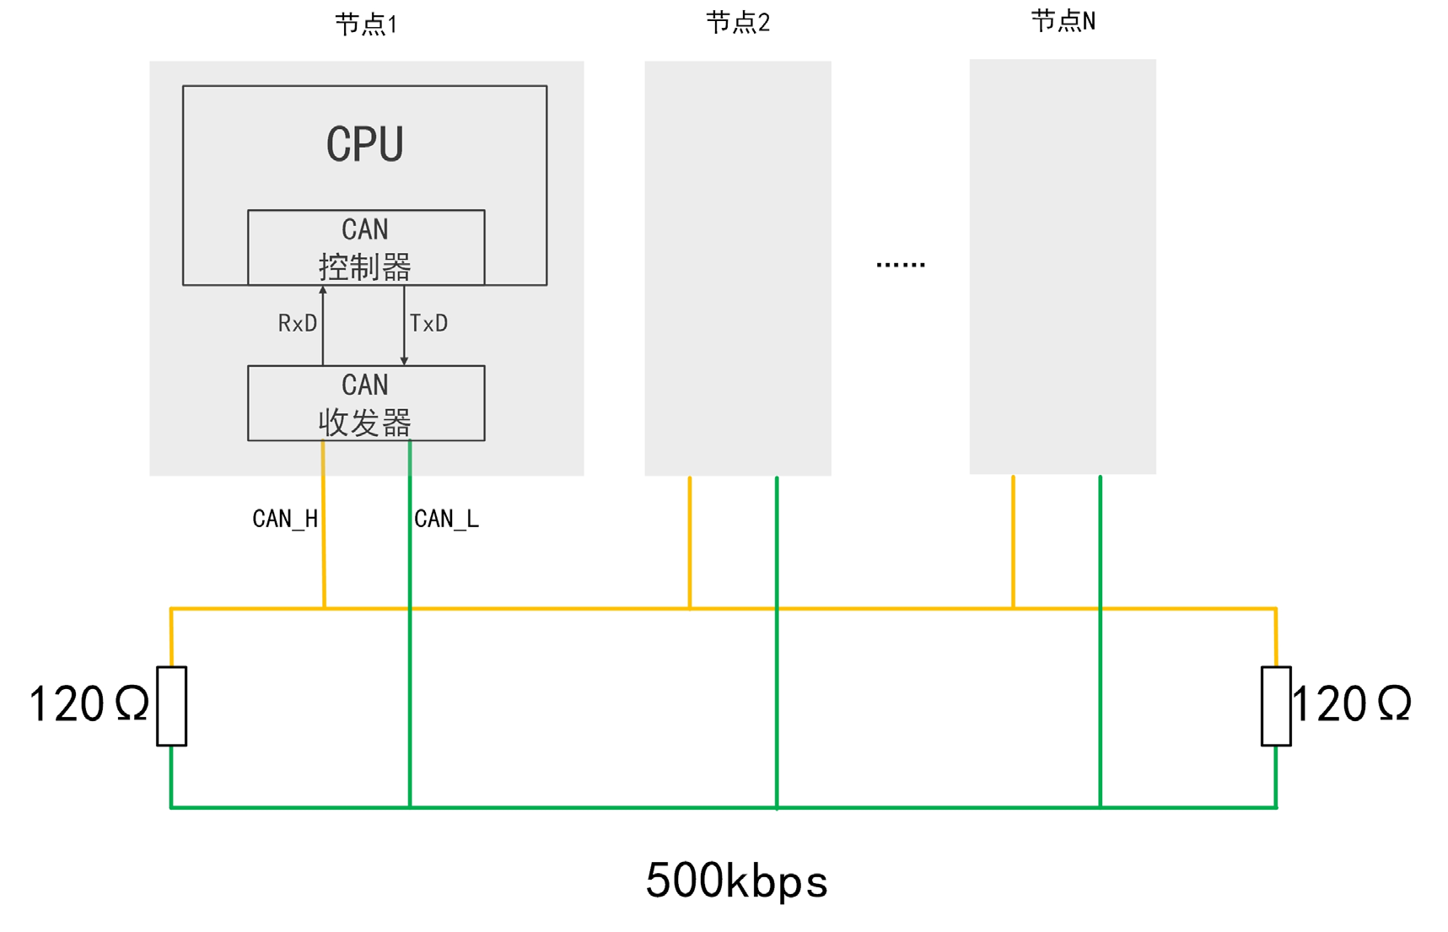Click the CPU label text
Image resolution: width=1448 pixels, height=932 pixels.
click(364, 144)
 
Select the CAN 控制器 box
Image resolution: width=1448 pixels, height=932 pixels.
click(366, 247)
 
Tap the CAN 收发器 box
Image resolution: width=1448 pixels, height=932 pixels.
click(366, 403)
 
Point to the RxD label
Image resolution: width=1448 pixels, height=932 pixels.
click(298, 324)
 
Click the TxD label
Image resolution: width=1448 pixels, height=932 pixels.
click(428, 324)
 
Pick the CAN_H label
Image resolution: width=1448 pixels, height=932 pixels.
click(285, 519)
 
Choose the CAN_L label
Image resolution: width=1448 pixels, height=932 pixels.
click(446, 519)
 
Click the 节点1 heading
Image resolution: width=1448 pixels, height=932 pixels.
click(366, 24)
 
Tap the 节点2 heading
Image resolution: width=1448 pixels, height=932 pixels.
click(738, 23)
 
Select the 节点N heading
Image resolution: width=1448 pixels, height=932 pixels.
click(1063, 21)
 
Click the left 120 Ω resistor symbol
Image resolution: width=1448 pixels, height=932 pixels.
click(172, 706)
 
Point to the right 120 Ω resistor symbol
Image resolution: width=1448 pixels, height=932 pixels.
click(1276, 706)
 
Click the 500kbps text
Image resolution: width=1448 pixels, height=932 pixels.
click(736, 881)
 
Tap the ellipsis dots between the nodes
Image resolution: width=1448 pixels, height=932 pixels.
click(901, 265)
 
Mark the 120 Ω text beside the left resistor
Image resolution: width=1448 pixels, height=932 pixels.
click(89, 704)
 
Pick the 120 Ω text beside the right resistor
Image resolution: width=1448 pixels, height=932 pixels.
click(1351, 704)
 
